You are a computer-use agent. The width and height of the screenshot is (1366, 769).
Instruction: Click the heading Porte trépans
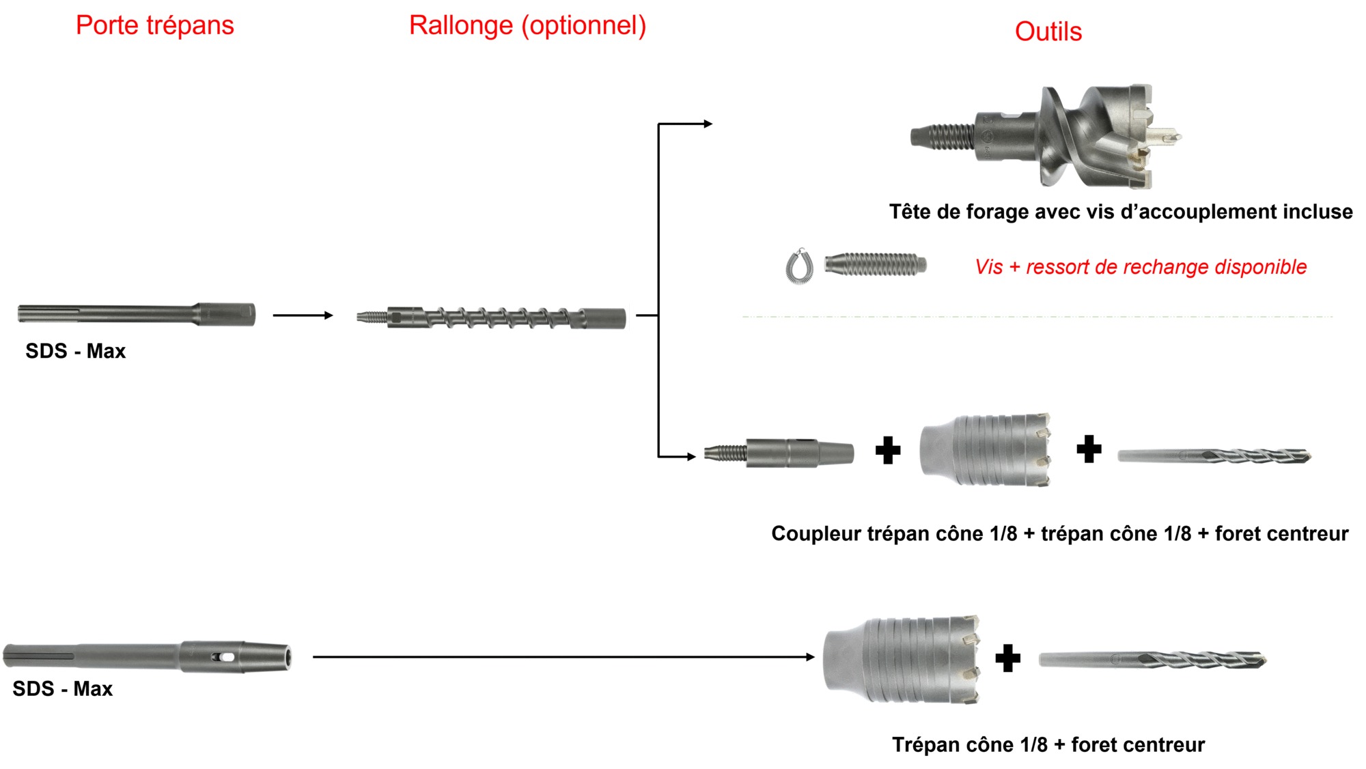tap(155, 26)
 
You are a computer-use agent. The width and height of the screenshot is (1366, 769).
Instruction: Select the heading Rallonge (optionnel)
tap(527, 26)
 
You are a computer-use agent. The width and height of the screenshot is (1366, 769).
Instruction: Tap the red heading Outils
tap(1048, 32)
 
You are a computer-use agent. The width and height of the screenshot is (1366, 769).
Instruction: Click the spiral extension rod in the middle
tap(492, 318)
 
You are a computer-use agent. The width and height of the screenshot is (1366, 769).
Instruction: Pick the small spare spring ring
tap(799, 266)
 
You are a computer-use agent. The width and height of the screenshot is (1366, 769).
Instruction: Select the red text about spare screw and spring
tap(1141, 267)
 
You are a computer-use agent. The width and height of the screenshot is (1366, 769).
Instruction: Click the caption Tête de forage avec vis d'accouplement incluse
tap(1120, 212)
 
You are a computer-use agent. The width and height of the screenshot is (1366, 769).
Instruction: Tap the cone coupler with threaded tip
tap(779, 453)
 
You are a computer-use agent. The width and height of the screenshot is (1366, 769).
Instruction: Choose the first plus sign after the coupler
tap(888, 450)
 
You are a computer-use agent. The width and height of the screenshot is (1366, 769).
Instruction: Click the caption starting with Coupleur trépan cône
tap(1059, 533)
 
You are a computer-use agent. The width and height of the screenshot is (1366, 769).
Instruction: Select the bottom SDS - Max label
tap(62, 688)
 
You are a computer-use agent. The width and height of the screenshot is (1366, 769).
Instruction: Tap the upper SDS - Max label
tap(75, 351)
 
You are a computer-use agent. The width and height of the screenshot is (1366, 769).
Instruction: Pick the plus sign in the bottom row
tap(1007, 658)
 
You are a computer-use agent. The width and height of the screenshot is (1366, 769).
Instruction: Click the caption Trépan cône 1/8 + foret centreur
tap(1048, 744)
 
